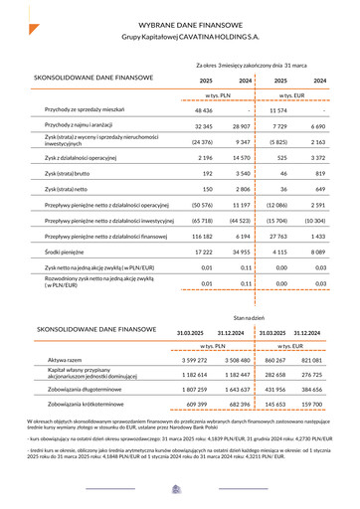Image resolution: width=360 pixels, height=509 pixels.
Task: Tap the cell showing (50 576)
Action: pyautogui.click(x=205, y=205)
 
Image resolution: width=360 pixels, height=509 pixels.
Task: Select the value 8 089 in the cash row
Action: pyautogui.click(x=317, y=254)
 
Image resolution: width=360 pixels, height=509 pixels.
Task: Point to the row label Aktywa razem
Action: pyautogui.click(x=66, y=359)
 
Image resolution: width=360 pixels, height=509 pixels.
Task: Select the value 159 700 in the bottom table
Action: pyautogui.click(x=312, y=406)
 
